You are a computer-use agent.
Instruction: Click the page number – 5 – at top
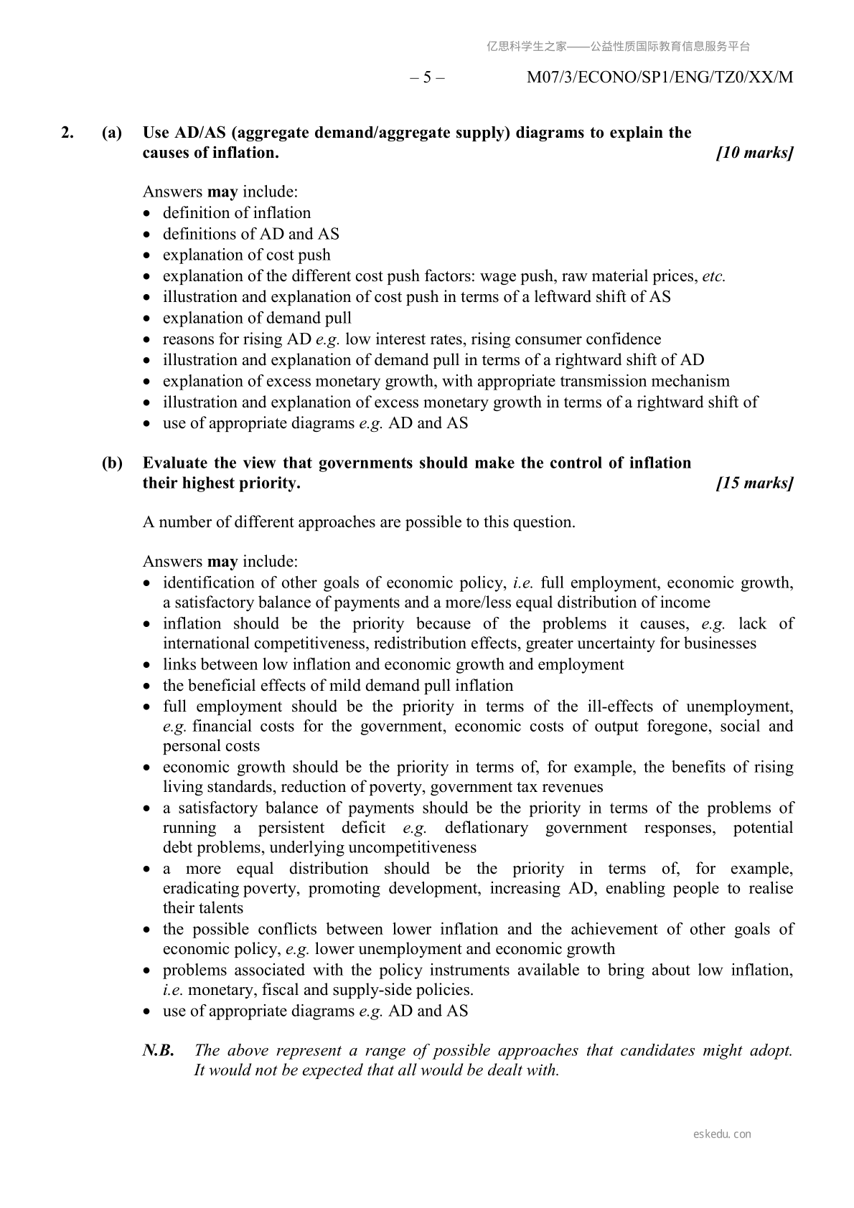point(427,77)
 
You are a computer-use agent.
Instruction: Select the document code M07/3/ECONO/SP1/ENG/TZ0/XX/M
point(660,77)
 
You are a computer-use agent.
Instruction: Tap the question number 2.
point(67,133)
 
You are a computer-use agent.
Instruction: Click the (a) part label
point(112,133)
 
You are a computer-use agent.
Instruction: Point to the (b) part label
point(112,463)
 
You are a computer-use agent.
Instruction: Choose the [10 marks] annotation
point(755,153)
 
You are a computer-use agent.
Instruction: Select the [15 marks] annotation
point(755,483)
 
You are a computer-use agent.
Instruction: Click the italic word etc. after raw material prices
point(714,276)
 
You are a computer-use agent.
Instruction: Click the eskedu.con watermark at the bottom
point(723,1134)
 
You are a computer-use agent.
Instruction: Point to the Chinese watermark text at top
point(618,47)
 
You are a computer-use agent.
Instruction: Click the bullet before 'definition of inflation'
point(148,214)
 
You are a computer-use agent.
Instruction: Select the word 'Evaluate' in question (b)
point(175,463)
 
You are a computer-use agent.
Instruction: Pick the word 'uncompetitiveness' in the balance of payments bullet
point(409,847)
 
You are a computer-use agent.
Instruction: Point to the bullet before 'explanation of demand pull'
point(148,318)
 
